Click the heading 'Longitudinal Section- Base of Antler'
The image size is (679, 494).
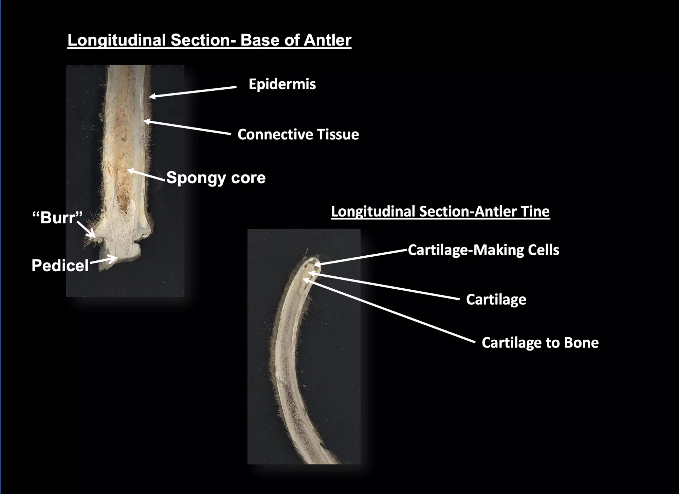(x=209, y=40)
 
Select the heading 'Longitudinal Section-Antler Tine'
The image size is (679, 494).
(x=440, y=211)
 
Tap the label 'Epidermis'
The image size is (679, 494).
(x=282, y=84)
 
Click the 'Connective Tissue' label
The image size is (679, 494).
(x=298, y=134)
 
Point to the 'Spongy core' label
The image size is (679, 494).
(x=216, y=177)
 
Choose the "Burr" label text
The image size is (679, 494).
(x=57, y=218)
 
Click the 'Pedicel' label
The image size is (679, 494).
(x=60, y=265)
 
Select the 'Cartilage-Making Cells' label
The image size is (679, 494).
(x=483, y=250)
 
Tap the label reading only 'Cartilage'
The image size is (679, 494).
(x=496, y=300)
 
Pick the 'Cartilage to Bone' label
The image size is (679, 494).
(x=540, y=343)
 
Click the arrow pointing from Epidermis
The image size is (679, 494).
(x=193, y=92)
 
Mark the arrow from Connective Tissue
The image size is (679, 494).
(x=187, y=127)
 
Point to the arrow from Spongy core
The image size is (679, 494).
(x=146, y=175)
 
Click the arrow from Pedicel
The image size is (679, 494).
(x=104, y=261)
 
